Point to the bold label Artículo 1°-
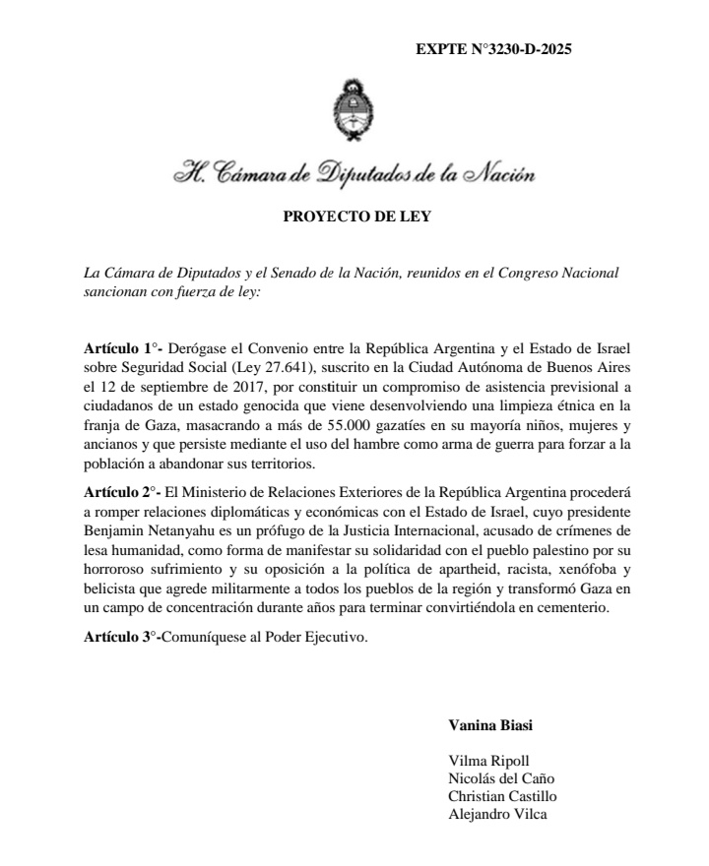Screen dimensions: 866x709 [x=122, y=349]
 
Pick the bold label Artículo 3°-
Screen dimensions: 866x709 [x=122, y=639]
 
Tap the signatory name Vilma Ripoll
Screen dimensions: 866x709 [x=488, y=761]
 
